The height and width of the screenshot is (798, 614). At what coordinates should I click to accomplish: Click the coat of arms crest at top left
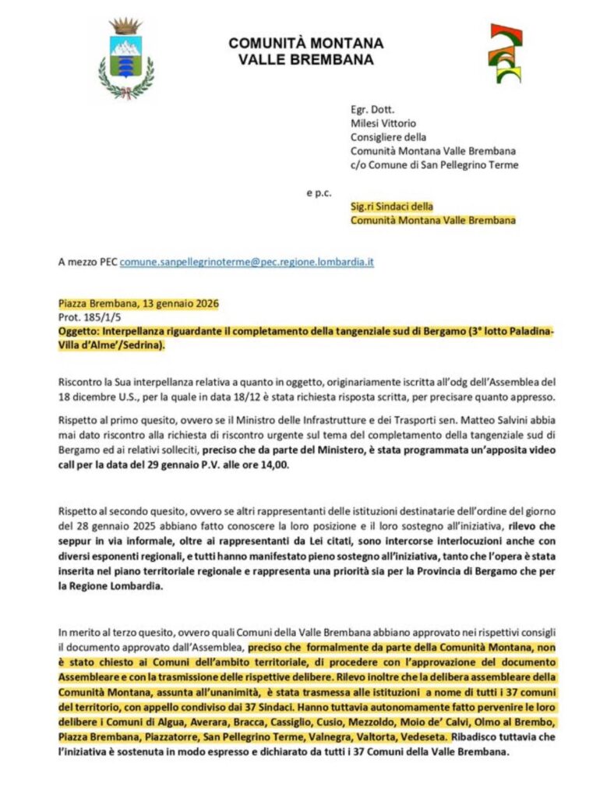coord(125,59)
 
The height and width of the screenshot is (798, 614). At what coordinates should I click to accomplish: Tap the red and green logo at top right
coord(505,53)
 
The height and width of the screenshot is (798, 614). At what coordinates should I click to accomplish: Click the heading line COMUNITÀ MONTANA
coord(306,43)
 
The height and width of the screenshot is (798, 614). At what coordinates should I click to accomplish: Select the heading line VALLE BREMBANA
coord(306,59)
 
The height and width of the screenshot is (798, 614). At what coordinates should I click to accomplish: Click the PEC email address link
coord(246,262)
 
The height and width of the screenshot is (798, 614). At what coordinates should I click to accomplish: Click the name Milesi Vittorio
coord(383,122)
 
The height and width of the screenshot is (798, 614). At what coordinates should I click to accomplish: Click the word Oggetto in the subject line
coord(78,331)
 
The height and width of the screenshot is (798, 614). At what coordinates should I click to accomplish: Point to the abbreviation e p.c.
coord(317,192)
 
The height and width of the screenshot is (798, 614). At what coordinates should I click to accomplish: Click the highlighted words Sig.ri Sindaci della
coord(391,207)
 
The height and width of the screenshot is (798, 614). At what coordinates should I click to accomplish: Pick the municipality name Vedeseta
coord(417,736)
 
